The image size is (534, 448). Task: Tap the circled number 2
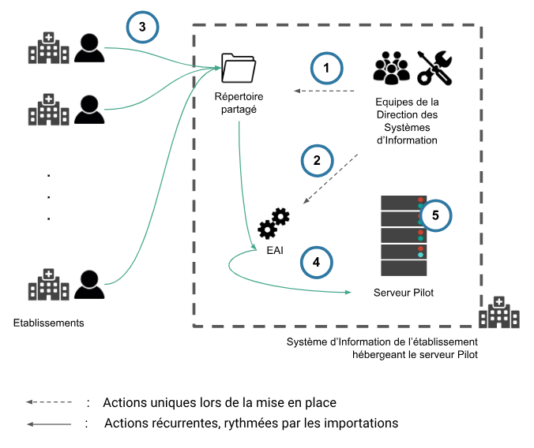click(317, 160)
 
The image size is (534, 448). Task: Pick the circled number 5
click(435, 215)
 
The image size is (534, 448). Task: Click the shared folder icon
click(239, 68)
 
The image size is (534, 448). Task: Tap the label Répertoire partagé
click(239, 103)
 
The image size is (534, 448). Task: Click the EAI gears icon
click(273, 222)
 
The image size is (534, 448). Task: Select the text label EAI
click(274, 252)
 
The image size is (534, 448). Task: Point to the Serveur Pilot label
click(403, 292)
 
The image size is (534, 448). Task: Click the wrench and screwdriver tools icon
click(434, 67)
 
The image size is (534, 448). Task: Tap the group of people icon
click(391, 68)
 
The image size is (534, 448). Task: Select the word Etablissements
click(48, 323)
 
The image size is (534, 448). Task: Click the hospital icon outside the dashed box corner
click(498, 312)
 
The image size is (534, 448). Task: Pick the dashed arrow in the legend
click(48, 402)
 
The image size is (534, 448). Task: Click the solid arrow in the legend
click(48, 424)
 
